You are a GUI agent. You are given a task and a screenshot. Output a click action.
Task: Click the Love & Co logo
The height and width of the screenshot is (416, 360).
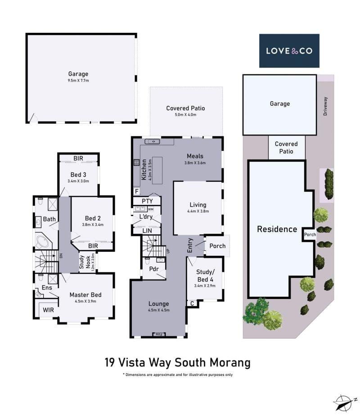click(289, 51)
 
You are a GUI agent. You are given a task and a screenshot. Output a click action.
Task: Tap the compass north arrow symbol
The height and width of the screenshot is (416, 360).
click(344, 403)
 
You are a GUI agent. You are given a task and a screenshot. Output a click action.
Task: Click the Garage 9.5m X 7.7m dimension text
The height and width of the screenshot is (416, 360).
click(78, 81)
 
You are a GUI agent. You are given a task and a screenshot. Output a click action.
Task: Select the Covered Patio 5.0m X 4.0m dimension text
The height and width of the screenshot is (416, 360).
click(185, 115)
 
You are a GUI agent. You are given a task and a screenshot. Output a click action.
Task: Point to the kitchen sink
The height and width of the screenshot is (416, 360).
click(152, 142)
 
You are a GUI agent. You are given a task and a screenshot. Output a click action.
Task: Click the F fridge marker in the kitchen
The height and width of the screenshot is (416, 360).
click(137, 191)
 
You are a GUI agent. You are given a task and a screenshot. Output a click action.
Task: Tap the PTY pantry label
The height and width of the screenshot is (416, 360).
click(147, 201)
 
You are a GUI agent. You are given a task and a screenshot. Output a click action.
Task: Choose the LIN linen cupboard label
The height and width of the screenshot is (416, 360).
click(147, 231)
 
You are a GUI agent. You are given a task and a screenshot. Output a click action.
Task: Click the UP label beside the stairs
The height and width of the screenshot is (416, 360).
click(167, 251)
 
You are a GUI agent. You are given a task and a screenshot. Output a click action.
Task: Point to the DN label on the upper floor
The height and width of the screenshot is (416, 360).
click(61, 256)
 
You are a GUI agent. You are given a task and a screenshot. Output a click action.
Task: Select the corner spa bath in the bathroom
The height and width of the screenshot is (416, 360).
click(44, 241)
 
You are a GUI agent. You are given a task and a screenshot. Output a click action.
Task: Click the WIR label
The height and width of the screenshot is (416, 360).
click(48, 310)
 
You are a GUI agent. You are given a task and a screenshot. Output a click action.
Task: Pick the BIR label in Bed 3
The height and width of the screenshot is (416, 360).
click(78, 158)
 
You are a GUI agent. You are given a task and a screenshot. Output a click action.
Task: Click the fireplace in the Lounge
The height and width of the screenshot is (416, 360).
click(159, 334)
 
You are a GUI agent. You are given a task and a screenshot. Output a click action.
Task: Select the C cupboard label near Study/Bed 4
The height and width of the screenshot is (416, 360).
click(192, 303)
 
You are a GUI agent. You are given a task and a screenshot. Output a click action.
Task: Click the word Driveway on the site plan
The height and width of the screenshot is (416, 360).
click(325, 106)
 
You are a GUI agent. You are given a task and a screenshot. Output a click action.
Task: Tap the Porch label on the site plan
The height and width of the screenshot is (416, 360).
click(310, 235)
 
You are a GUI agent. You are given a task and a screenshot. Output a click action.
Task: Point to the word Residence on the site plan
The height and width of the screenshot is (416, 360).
click(277, 229)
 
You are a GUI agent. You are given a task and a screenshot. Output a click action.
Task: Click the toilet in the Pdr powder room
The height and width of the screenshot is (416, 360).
click(148, 261)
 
